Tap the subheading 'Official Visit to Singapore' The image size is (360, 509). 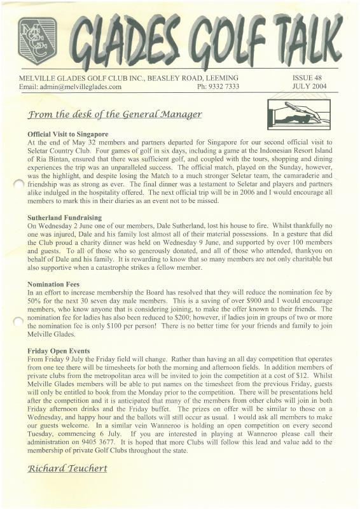tap(68, 134)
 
